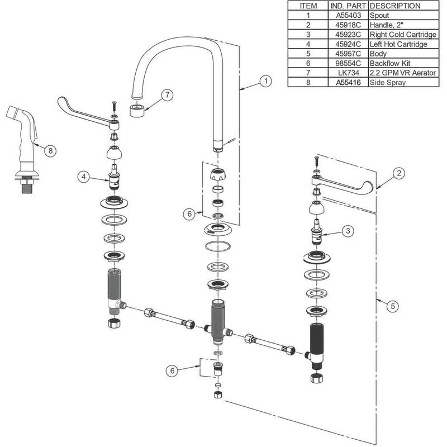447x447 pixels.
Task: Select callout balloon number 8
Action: tap(50, 150)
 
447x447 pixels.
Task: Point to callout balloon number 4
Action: tap(83, 177)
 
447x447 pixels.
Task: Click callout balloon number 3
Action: tap(347, 230)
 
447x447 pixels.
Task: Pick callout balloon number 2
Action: tap(397, 173)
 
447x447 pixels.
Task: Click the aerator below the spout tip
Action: tap(137, 109)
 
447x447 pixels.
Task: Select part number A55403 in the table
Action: tap(348, 16)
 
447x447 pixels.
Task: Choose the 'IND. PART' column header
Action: tap(348, 6)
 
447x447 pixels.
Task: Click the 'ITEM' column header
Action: tap(308, 6)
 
